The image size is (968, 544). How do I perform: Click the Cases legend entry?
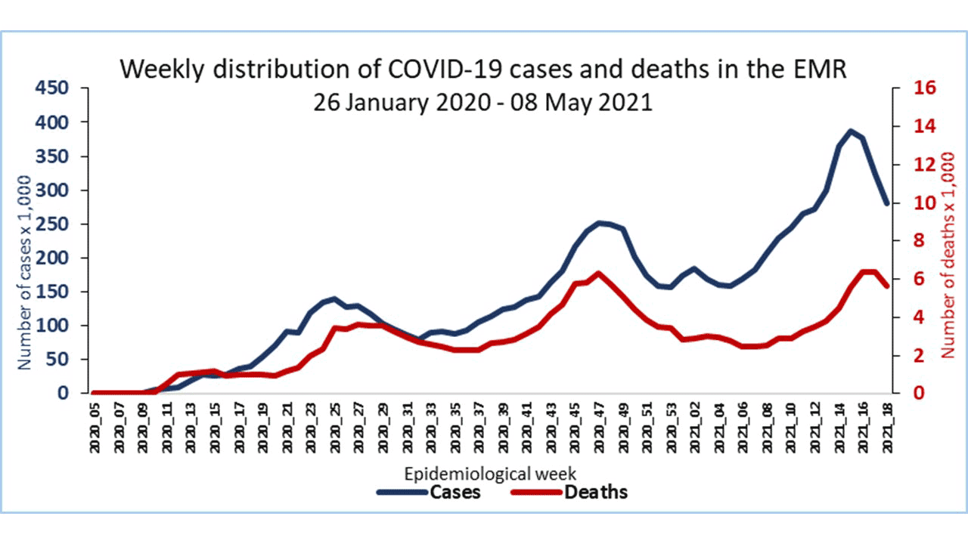click(x=427, y=492)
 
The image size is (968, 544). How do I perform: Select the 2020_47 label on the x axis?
click(x=600, y=428)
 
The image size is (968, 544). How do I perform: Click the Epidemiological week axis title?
click(x=491, y=474)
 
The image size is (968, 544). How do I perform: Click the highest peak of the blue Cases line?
click(x=851, y=131)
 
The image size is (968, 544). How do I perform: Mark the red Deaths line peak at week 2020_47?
click(x=599, y=274)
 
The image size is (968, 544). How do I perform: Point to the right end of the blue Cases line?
click(x=887, y=203)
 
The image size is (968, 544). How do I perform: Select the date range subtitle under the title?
click(x=482, y=102)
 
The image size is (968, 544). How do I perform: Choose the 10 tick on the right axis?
click(x=906, y=203)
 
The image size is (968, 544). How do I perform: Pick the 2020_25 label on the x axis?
click(x=336, y=428)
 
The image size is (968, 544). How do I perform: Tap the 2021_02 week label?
click(x=696, y=428)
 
